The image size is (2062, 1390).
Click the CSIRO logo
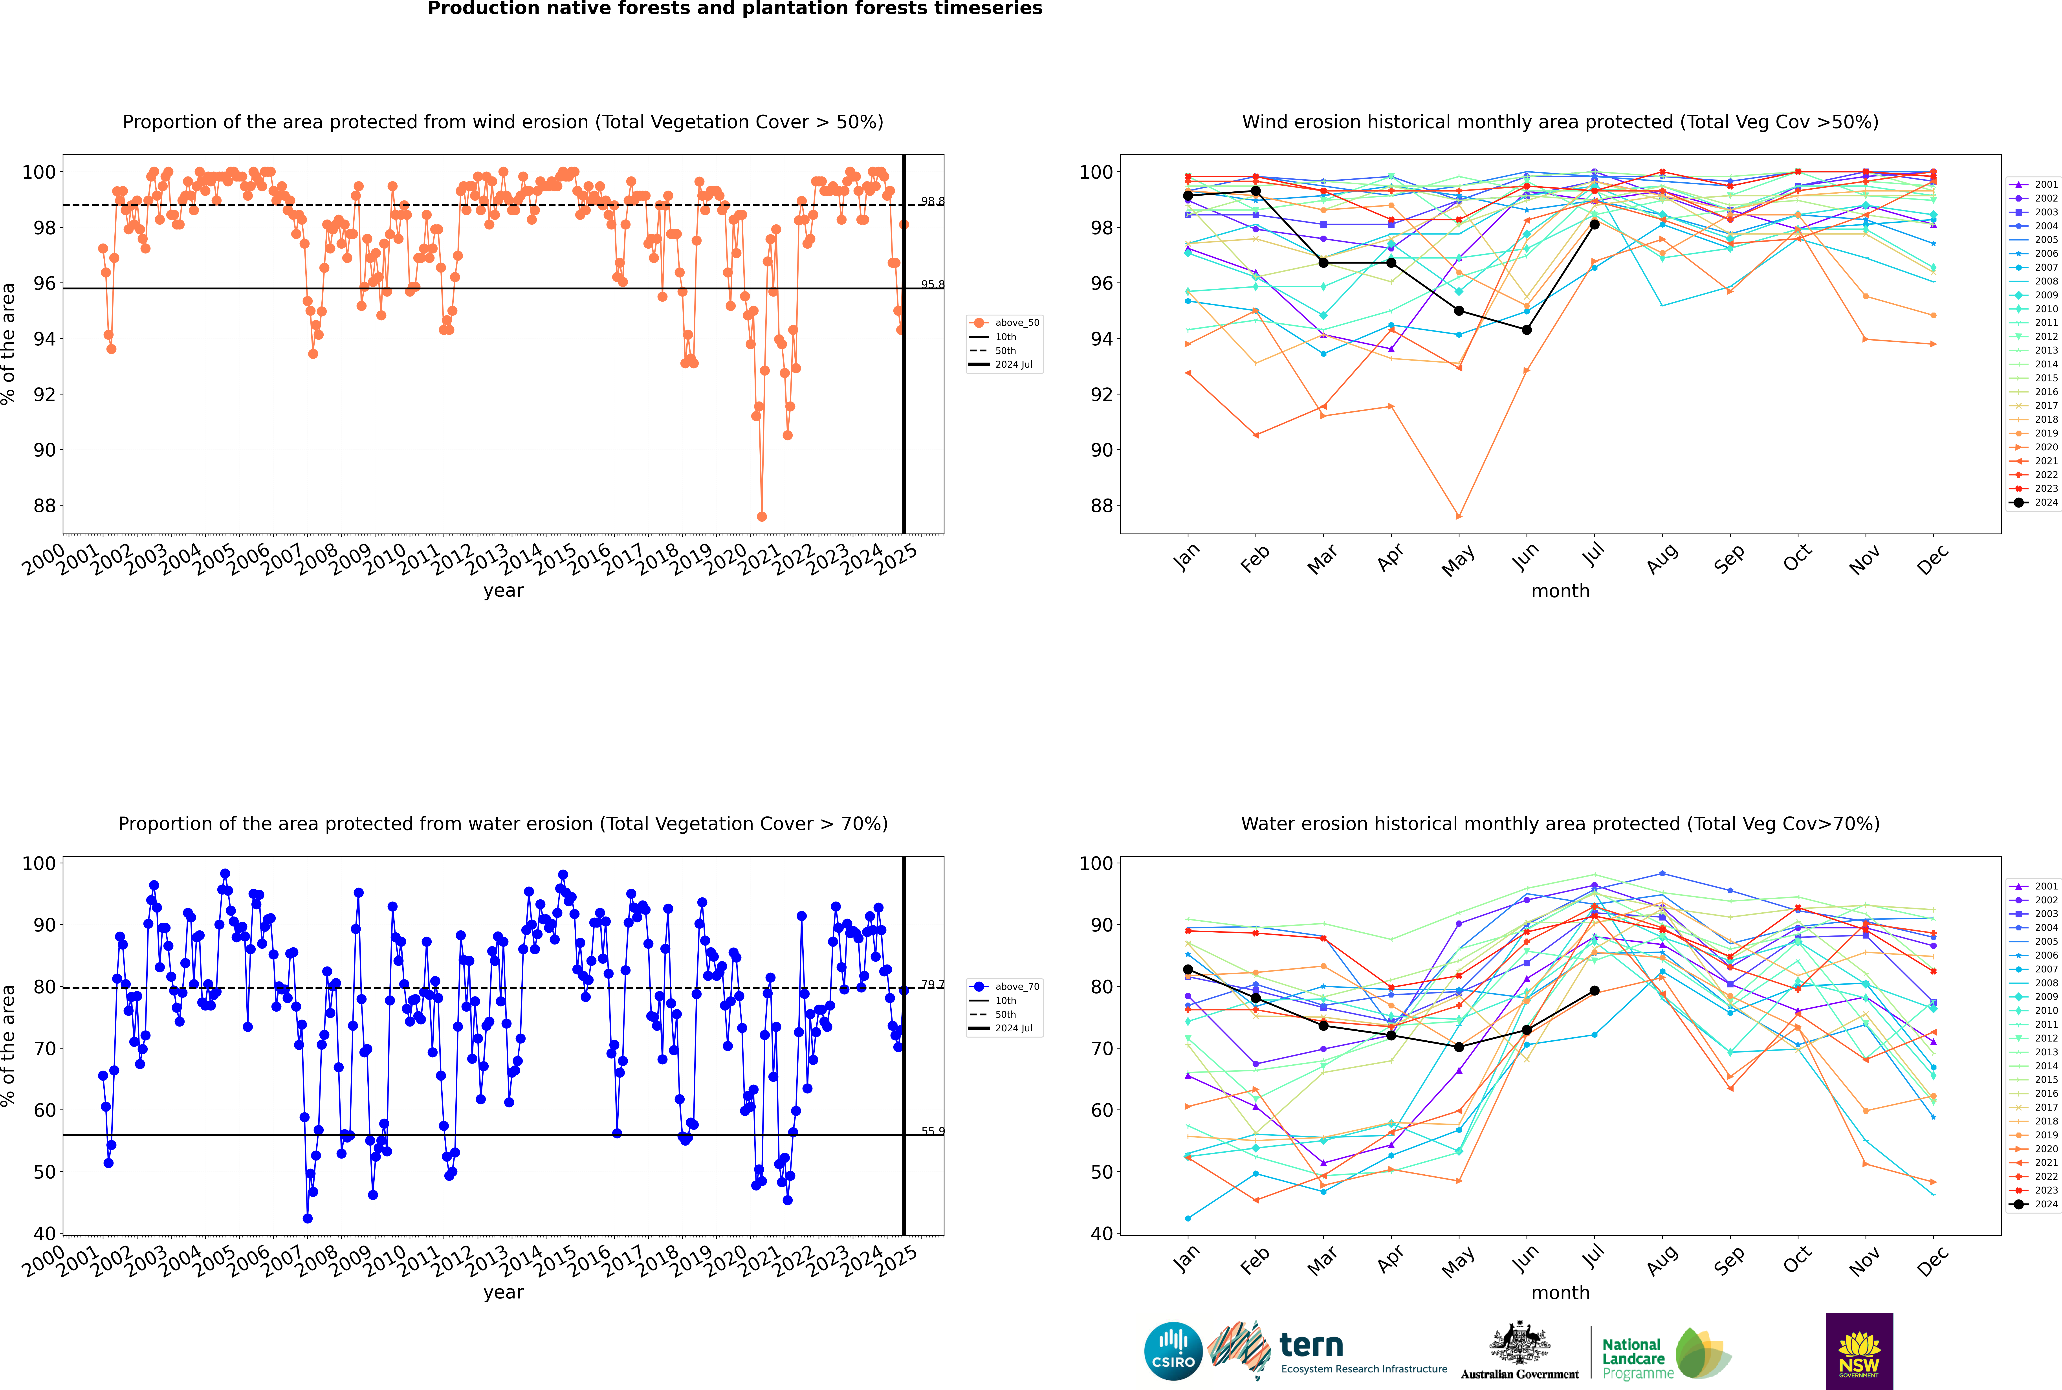pyautogui.click(x=1173, y=1351)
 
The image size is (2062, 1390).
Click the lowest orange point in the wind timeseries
pyautogui.click(x=761, y=517)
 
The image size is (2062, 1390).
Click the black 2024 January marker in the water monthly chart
pyautogui.click(x=1188, y=970)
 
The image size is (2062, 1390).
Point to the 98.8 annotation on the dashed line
pyautogui.click(x=932, y=201)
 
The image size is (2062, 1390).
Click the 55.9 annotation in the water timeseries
pyautogui.click(x=932, y=1131)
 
